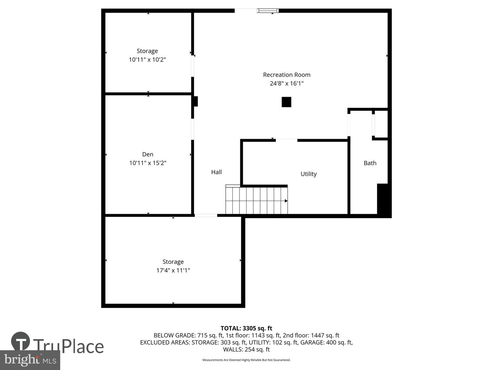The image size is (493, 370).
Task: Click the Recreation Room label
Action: point(287,75)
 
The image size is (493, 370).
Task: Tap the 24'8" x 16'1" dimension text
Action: point(287,83)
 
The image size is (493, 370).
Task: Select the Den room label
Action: point(148,154)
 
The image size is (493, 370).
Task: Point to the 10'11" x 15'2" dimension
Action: point(148,163)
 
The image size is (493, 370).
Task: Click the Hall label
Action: point(216,172)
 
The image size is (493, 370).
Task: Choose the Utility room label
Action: point(308,174)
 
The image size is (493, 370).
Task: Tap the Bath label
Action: point(370,163)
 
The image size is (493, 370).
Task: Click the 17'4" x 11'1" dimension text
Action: point(173,270)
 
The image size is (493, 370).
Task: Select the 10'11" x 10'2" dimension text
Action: point(147,60)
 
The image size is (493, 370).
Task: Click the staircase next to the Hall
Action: point(256,200)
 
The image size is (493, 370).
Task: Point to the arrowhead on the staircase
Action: point(286,201)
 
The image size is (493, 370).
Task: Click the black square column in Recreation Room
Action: point(286,102)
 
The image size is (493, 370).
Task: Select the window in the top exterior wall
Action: point(268,11)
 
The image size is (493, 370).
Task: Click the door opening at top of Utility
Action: point(287,140)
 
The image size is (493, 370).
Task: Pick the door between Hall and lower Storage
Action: point(206,215)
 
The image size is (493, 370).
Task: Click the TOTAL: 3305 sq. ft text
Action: point(246,328)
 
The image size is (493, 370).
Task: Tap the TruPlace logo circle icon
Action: point(21,341)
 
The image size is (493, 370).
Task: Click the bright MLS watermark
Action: point(30,360)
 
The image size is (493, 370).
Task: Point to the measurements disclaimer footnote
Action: point(246,360)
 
